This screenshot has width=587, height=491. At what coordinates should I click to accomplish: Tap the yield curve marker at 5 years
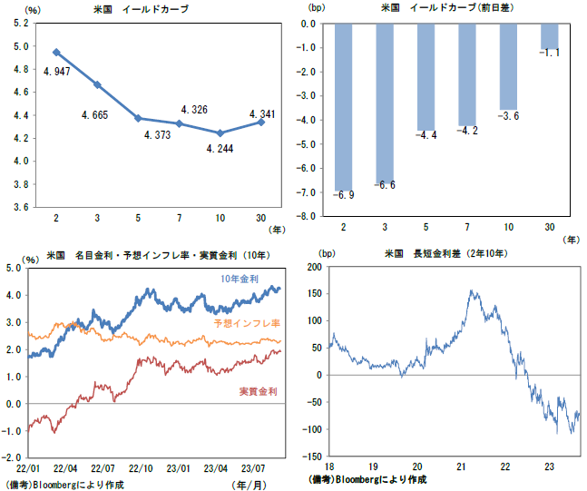(x=138, y=118)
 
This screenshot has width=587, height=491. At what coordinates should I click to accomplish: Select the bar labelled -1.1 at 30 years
(x=549, y=36)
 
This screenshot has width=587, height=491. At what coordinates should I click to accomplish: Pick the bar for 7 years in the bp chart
(x=466, y=74)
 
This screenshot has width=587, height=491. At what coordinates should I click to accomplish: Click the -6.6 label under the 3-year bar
(x=384, y=185)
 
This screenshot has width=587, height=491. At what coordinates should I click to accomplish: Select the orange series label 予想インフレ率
(x=247, y=323)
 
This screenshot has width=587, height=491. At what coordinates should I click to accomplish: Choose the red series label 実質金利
(x=259, y=391)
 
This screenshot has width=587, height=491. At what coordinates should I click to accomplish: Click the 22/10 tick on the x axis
(x=142, y=468)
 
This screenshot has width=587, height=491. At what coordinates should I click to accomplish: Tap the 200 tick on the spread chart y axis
(x=314, y=267)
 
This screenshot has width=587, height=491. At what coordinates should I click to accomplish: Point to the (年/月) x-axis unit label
(x=250, y=485)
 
